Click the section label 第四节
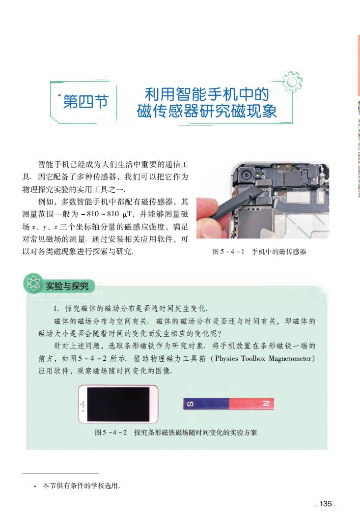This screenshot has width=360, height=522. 86,102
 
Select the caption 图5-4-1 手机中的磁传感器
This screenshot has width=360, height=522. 259,251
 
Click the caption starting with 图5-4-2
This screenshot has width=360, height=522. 176,433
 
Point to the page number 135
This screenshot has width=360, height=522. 325,504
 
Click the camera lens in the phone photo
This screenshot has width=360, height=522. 244,174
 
